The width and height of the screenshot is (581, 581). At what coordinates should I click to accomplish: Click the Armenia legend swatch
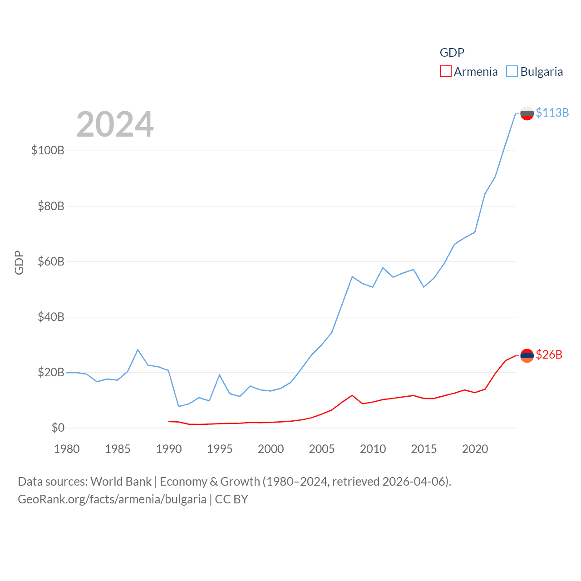pos(445,72)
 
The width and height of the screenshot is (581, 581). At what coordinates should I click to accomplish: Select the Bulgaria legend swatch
pos(512,72)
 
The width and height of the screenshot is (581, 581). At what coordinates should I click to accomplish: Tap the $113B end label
pos(552,113)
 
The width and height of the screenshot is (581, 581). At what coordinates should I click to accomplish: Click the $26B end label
pos(549,355)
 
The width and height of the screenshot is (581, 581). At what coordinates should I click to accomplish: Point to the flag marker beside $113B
pos(527,113)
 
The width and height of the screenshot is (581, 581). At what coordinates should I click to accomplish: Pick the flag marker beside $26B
pos(527,355)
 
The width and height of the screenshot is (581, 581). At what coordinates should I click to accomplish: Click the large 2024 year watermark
pos(115,124)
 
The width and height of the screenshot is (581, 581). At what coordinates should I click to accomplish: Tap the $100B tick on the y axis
pos(48,150)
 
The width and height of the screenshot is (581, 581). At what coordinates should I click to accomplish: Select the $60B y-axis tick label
pos(51,261)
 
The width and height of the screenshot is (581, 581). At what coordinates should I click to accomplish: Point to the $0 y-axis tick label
pos(58,428)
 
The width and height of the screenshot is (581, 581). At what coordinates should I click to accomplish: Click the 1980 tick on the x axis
pos(67,449)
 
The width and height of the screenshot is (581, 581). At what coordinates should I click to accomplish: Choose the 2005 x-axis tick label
pos(322,449)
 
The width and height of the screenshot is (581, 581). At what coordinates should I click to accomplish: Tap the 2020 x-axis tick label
pos(475,449)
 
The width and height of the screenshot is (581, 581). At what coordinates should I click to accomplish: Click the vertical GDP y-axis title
pos(19,262)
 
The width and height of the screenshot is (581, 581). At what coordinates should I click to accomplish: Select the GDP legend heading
pos(452,53)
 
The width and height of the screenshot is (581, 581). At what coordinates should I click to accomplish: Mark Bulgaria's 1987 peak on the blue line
pos(138,350)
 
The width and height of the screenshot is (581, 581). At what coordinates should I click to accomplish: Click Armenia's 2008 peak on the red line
pos(352,395)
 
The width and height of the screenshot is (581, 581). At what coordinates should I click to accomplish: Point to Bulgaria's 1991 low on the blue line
pos(179,406)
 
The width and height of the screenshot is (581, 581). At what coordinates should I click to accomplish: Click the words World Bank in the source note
pos(121,481)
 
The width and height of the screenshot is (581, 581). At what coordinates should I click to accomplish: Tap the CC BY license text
pos(231,499)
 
